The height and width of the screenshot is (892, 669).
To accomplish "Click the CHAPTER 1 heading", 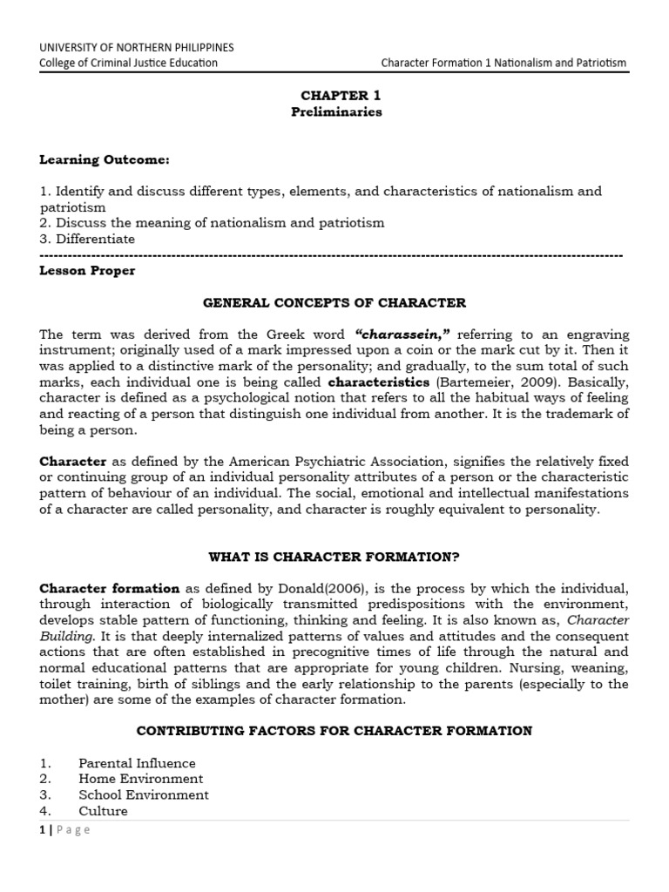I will (x=334, y=95).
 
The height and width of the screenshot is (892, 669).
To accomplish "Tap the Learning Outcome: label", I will (x=105, y=159).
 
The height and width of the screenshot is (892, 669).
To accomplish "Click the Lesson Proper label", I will (x=87, y=271).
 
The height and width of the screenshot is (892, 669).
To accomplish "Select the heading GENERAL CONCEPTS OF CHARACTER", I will (x=334, y=303).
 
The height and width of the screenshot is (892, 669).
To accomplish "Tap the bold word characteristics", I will (x=378, y=382).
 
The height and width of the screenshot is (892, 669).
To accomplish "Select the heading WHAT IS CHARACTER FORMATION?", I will (x=334, y=557).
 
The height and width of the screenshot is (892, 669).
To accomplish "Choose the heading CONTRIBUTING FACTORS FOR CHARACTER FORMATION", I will (x=334, y=731).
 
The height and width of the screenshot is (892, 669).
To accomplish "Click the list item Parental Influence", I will (x=137, y=763).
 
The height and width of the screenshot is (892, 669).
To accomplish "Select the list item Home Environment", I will (x=140, y=779).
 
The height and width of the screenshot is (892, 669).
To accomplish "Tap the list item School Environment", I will (x=144, y=794).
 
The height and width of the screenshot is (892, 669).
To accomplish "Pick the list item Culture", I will (x=103, y=811).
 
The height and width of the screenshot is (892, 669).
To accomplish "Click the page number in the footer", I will (x=42, y=830).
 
